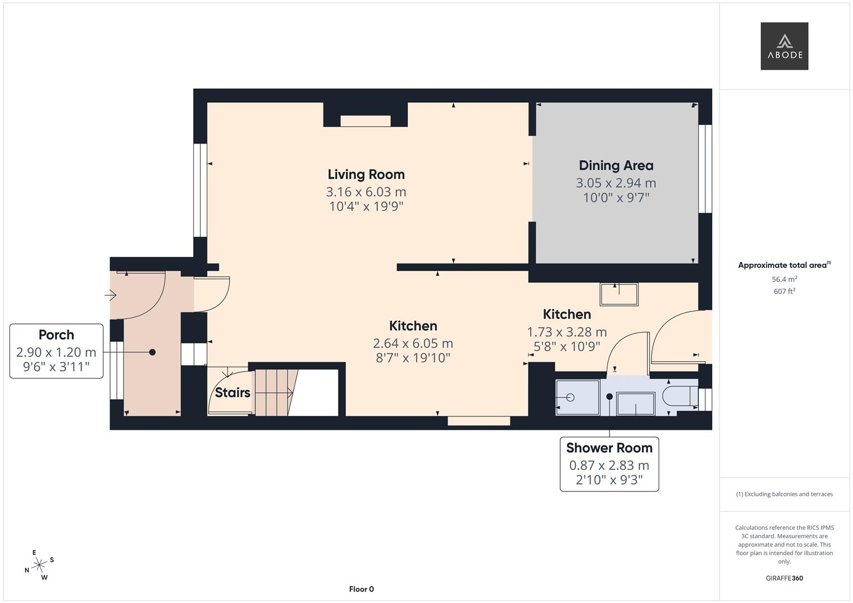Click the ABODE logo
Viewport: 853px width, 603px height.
coord(784,46)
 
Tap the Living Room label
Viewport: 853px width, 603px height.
coord(366,174)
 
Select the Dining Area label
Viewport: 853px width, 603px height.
coord(616,165)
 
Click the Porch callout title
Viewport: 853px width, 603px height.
coord(56,334)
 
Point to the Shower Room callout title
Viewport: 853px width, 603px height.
coord(609,448)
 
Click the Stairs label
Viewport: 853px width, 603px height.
coord(232,393)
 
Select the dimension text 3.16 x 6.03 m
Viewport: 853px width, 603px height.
coord(366,192)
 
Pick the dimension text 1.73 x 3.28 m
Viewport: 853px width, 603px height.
coord(566,332)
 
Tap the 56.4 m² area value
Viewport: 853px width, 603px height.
coord(784,279)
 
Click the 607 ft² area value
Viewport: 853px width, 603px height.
coord(784,291)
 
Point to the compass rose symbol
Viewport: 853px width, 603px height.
coord(39,565)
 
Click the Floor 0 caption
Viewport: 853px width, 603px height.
coord(361,589)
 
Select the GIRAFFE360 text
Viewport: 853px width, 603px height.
coord(784,578)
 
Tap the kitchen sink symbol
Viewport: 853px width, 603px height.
coord(618,294)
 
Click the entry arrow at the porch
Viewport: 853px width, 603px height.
coord(110,295)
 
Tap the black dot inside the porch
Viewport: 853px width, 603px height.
coord(152,352)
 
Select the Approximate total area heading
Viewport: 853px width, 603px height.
coord(784,265)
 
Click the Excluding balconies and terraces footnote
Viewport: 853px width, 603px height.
coord(784,494)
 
